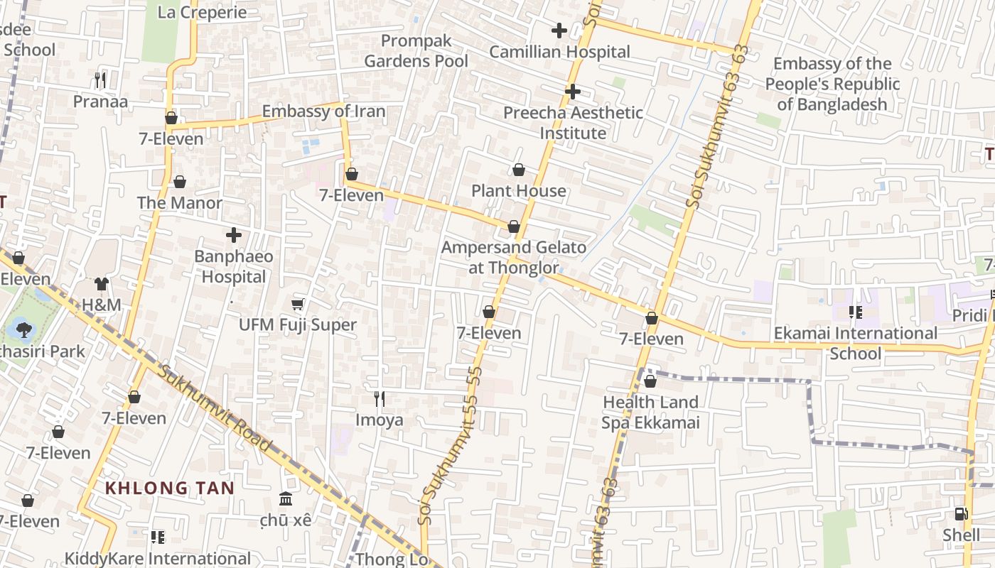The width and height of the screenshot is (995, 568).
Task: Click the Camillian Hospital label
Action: click(559, 52)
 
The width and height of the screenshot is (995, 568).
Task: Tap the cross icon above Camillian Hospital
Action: click(559, 31)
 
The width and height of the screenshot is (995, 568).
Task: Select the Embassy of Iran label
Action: click(323, 111)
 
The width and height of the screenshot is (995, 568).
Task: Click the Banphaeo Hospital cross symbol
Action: click(234, 235)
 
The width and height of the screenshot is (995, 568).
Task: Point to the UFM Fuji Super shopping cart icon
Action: click(298, 305)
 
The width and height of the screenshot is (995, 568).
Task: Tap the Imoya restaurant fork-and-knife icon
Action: click(380, 399)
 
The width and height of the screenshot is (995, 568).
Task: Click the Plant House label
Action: click(519, 191)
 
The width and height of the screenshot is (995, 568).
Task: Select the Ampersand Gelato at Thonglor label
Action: click(514, 258)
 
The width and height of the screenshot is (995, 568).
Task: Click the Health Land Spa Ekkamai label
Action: click(651, 413)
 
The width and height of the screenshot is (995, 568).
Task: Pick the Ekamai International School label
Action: click(855, 343)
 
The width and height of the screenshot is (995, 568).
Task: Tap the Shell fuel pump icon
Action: click(961, 514)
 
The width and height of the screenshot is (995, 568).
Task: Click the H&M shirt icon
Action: click(102, 284)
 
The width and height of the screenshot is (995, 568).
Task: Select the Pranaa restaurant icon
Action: click(100, 80)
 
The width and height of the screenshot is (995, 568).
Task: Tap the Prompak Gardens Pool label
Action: click(416, 51)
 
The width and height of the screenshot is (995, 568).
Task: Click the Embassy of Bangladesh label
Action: click(832, 84)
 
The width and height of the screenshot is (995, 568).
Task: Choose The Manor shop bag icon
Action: click(180, 182)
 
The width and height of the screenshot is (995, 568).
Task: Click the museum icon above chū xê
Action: click(286, 499)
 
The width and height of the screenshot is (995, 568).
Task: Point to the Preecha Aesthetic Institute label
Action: click(573, 123)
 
